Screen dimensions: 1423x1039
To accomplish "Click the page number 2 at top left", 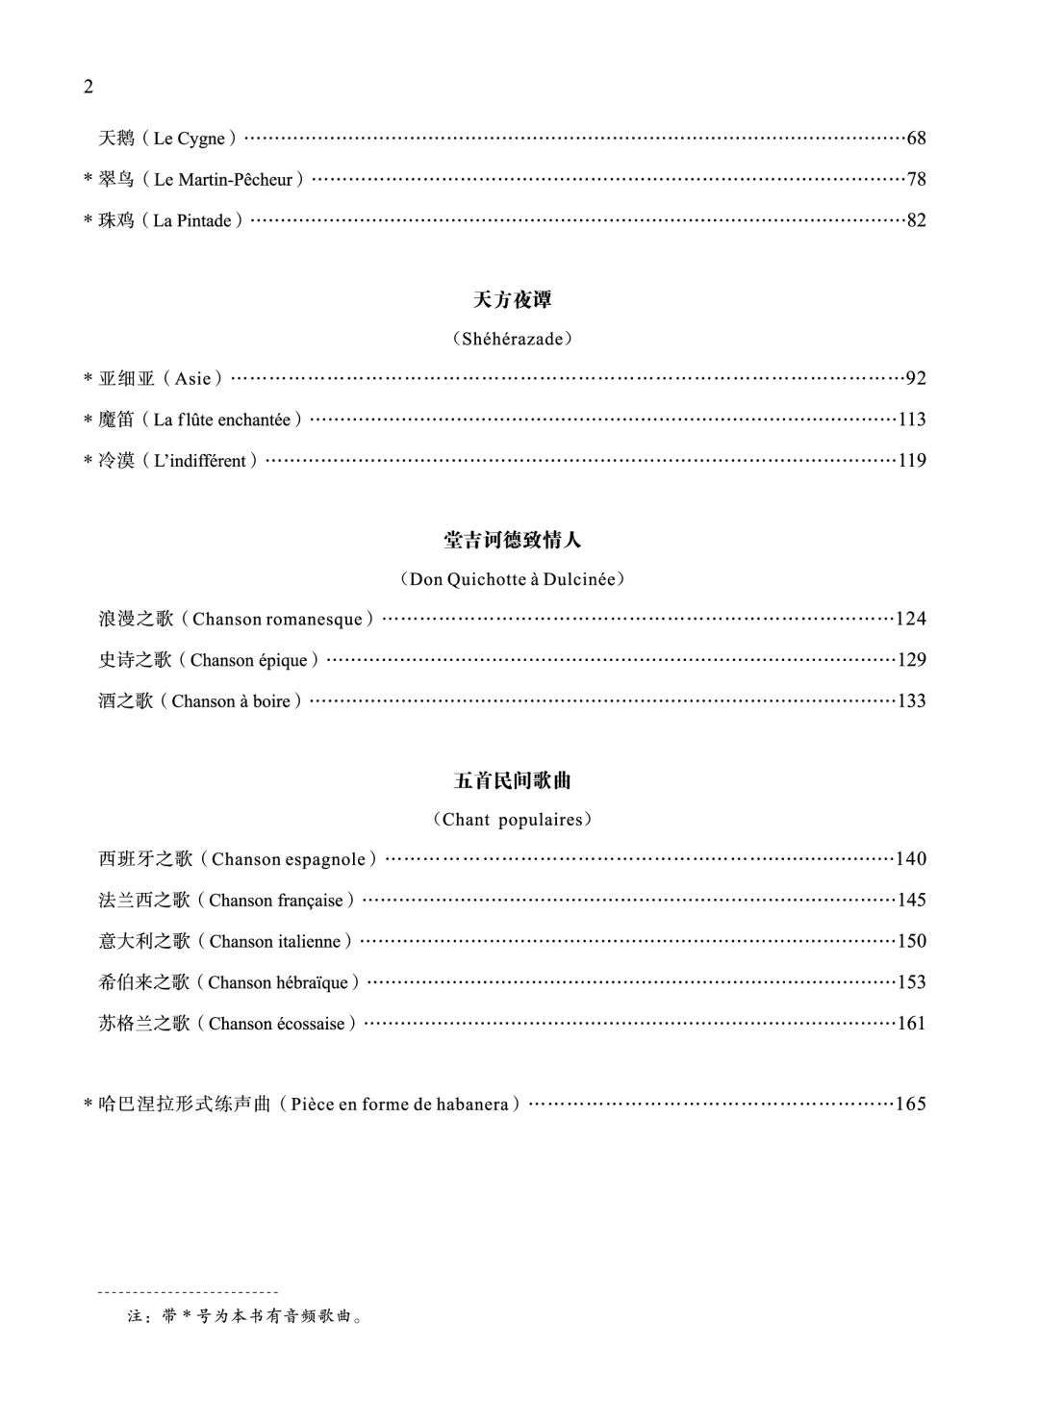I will pos(89,88).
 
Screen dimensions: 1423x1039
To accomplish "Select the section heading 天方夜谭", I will pos(513,300).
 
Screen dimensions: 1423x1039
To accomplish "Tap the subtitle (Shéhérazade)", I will pos(513,339).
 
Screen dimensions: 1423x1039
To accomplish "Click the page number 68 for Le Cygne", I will pos(916,139).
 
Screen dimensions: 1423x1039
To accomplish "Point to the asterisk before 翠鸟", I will pos(88,180).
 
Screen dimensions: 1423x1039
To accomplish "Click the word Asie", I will pos(192,379).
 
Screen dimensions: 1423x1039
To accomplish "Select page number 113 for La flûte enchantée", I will pos(911,419).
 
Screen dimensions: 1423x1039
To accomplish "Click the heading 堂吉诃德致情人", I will pos(513,541).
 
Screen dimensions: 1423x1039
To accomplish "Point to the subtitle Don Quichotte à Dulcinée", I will pos(513,579).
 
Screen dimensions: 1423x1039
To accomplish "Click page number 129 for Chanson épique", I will pos(911,660).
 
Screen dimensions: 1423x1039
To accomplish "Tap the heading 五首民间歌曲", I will pos(513,781).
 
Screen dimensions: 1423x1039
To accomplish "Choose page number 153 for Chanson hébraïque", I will pos(911,982).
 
